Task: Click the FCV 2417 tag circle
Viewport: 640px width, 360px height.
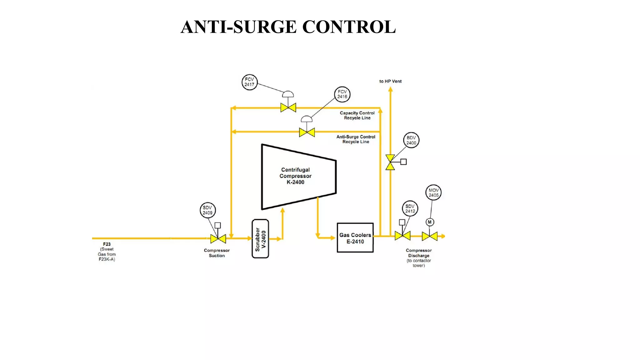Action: (x=249, y=82)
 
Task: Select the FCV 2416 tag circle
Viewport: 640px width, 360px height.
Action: (x=342, y=94)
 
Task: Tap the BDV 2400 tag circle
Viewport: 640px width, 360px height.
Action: (x=411, y=140)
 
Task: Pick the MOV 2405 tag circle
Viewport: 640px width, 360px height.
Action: (x=433, y=192)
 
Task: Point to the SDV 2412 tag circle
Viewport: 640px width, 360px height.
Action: (x=410, y=209)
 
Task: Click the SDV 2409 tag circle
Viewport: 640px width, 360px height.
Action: (x=208, y=210)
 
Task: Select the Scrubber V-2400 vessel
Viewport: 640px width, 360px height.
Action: (x=260, y=239)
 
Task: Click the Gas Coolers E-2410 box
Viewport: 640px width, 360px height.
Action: (x=355, y=238)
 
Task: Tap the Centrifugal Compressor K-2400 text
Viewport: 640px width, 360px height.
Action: (x=295, y=176)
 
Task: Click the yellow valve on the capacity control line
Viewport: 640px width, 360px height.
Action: (x=288, y=108)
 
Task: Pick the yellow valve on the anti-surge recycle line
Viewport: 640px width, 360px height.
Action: (x=307, y=132)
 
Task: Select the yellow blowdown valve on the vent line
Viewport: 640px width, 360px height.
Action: (x=390, y=162)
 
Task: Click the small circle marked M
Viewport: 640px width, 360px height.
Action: (x=430, y=222)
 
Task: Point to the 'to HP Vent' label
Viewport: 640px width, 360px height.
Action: (x=390, y=81)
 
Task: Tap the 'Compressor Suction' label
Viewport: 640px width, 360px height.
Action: (x=217, y=253)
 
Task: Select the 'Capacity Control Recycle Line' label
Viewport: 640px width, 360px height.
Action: (x=357, y=115)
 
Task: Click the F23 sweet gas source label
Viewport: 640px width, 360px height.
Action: (x=107, y=252)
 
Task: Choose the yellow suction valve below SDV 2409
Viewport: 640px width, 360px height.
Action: (x=218, y=239)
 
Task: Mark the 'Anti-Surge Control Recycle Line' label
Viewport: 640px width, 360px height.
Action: (x=356, y=139)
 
